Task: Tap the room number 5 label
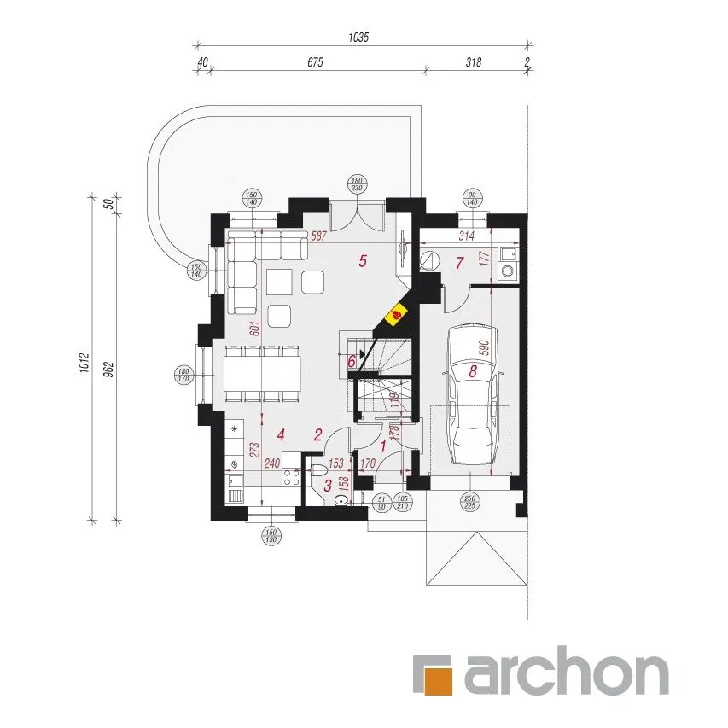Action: (363, 262)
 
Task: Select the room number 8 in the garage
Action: (473, 371)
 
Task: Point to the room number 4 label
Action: (280, 434)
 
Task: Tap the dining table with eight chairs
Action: (263, 373)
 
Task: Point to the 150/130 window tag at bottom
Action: (271, 534)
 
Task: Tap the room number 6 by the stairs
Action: (352, 361)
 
